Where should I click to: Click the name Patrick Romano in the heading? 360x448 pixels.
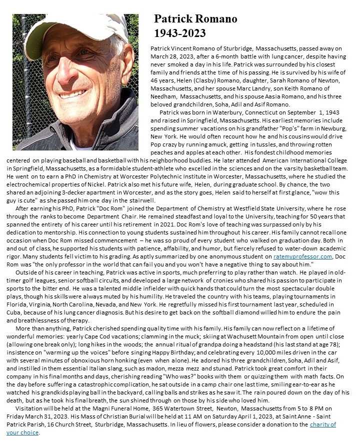195,19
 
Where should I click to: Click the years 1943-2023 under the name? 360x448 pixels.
180,33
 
